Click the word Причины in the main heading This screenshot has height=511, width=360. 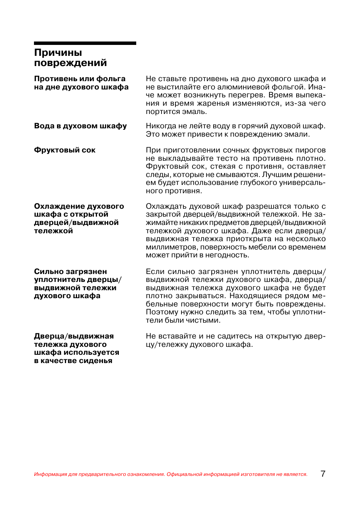coord(58,53)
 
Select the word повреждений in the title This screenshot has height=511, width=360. coord(70,63)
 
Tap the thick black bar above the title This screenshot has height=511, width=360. coord(85,43)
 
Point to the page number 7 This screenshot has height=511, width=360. coord(323,474)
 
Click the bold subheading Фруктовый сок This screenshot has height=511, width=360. coord(65,150)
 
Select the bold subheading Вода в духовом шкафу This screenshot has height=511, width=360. coord(80,126)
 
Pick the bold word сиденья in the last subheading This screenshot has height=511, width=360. coord(97,361)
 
